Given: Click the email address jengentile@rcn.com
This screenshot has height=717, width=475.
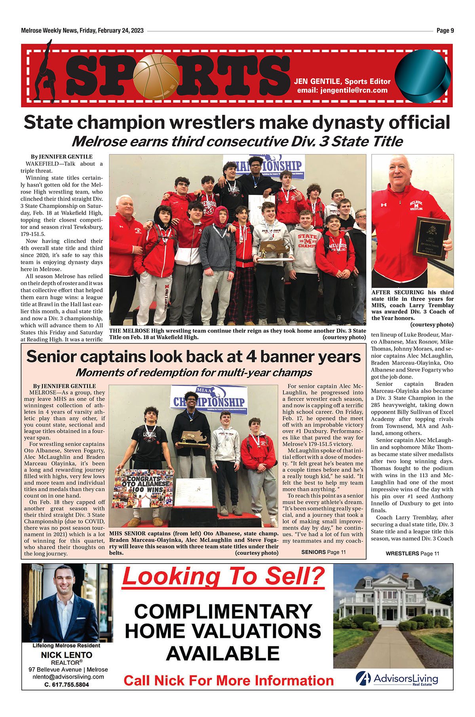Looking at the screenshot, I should (x=342, y=91).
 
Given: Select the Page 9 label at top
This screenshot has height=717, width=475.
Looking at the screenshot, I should (x=445, y=30).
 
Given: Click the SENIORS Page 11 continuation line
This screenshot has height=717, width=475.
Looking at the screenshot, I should (x=323, y=552).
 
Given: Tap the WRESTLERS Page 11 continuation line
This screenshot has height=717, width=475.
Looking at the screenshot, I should (x=412, y=554).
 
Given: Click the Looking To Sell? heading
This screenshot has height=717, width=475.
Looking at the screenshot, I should (x=223, y=577).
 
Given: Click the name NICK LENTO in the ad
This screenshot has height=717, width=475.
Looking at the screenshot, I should (x=66, y=655).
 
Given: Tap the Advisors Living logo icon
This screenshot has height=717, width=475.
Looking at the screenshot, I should (x=363, y=678).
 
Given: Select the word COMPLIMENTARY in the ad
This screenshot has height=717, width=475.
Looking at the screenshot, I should (x=223, y=612).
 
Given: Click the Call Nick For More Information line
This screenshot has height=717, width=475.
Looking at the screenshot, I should (x=228, y=681).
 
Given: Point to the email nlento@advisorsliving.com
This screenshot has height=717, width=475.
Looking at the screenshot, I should (x=68, y=677).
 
